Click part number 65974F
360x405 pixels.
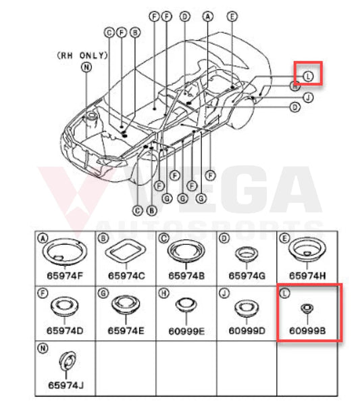(65, 276)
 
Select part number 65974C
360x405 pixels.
(126, 276)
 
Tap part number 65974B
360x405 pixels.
(186, 276)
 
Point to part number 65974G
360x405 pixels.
(247, 276)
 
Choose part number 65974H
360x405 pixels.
(307, 276)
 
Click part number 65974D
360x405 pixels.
(65, 331)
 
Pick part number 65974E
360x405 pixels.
(126, 331)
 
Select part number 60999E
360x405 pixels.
(186, 331)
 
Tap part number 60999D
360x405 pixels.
(247, 331)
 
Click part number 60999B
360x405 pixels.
(307, 331)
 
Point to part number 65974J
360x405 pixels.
(66, 385)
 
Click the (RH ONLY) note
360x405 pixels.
(82, 55)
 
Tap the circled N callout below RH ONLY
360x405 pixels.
(86, 67)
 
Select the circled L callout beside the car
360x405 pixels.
(308, 76)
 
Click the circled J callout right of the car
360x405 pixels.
(308, 97)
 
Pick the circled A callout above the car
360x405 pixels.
(208, 16)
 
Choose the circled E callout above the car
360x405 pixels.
(232, 16)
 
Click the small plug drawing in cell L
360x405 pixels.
(307, 308)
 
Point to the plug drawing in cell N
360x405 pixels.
(68, 361)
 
